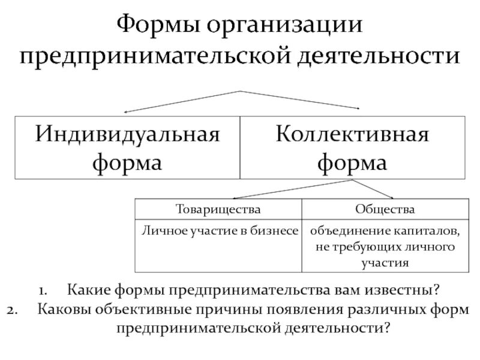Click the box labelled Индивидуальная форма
[127, 147]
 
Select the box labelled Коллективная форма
[352, 147]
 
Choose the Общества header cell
[385, 210]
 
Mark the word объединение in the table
[350, 231]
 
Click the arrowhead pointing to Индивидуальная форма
[127, 111]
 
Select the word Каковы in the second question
[61, 310]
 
